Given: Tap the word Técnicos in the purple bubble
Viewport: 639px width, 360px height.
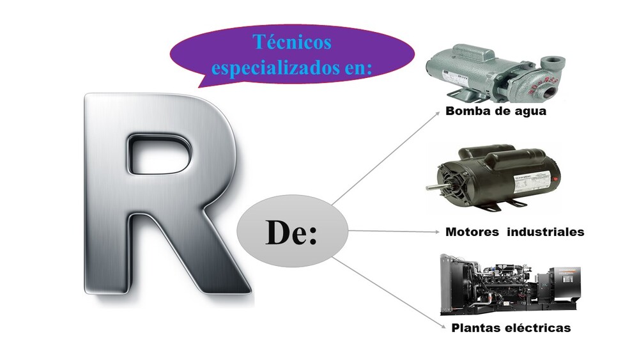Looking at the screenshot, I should pos(292,42).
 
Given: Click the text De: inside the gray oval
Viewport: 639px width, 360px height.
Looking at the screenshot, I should pos(291,233).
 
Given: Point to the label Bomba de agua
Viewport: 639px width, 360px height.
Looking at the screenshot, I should pos(497,111).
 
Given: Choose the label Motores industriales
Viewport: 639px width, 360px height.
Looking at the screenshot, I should pos(514,232).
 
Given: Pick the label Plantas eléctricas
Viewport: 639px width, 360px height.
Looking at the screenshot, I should pos(511,328).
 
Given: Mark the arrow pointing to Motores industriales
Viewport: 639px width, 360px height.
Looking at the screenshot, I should pos(393,231).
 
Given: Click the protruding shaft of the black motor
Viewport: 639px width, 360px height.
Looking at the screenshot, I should pos(432,186).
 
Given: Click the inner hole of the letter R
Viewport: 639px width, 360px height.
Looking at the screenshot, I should pos(159,153).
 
